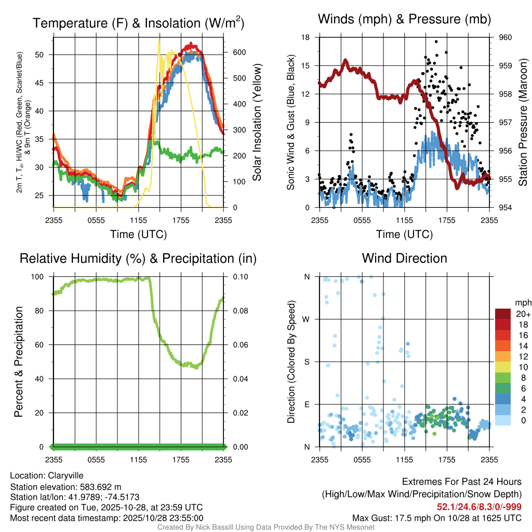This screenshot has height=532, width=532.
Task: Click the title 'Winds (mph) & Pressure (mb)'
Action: point(404,20)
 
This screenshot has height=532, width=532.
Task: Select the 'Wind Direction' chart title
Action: point(404,258)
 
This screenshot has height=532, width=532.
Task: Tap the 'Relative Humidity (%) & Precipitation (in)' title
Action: point(138,258)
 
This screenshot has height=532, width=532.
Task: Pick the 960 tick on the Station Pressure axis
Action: point(506,37)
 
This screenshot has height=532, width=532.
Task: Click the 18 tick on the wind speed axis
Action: point(306,37)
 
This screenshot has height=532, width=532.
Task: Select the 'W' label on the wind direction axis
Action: point(307,319)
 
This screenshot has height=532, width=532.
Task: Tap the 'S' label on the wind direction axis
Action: point(307,362)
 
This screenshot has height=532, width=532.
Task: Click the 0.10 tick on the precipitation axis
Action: point(241,276)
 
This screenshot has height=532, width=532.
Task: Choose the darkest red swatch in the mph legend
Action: point(502,314)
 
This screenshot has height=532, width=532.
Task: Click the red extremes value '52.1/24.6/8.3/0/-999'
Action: point(478,507)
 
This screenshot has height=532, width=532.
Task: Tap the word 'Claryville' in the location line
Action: point(65,475)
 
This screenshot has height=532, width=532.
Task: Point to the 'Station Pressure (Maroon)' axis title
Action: point(523,123)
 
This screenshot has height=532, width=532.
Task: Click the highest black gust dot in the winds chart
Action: point(436,42)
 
